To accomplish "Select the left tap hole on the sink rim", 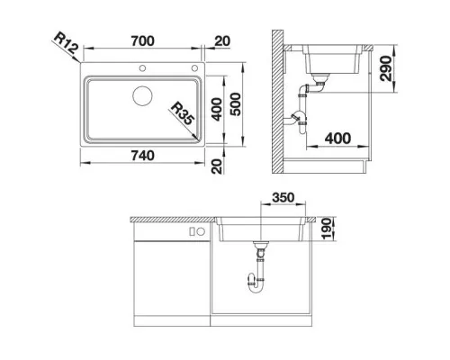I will tap(143, 68).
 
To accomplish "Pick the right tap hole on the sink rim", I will tap(193, 68).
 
